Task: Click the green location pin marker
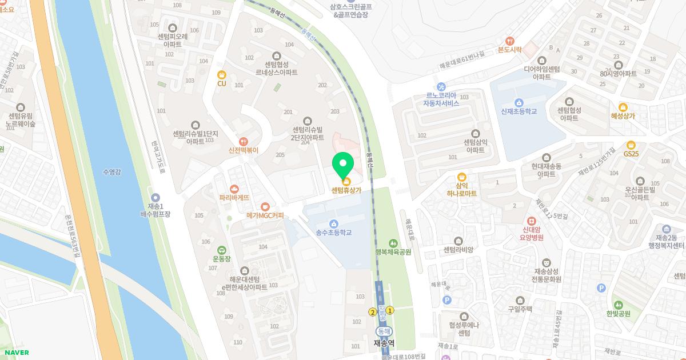coord(343,165)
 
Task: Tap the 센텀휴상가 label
coord(346,191)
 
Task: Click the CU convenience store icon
coord(222,74)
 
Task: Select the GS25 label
coord(631,154)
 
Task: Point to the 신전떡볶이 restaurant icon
coord(244,141)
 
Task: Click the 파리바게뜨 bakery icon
coord(234,189)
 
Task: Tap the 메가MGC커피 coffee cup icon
coord(265,206)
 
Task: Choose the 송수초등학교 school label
coord(333,233)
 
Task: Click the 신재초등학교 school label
coord(519,111)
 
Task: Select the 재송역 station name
coord(384,343)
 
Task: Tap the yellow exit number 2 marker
coord(373,312)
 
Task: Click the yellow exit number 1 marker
coord(390,310)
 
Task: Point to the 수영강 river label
coord(112,171)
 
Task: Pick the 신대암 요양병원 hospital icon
coord(532,221)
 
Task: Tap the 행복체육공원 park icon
coord(393,243)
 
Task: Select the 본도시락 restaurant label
coord(510,50)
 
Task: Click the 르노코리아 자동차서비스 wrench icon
coord(441,86)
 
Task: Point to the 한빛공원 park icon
coord(619,305)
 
